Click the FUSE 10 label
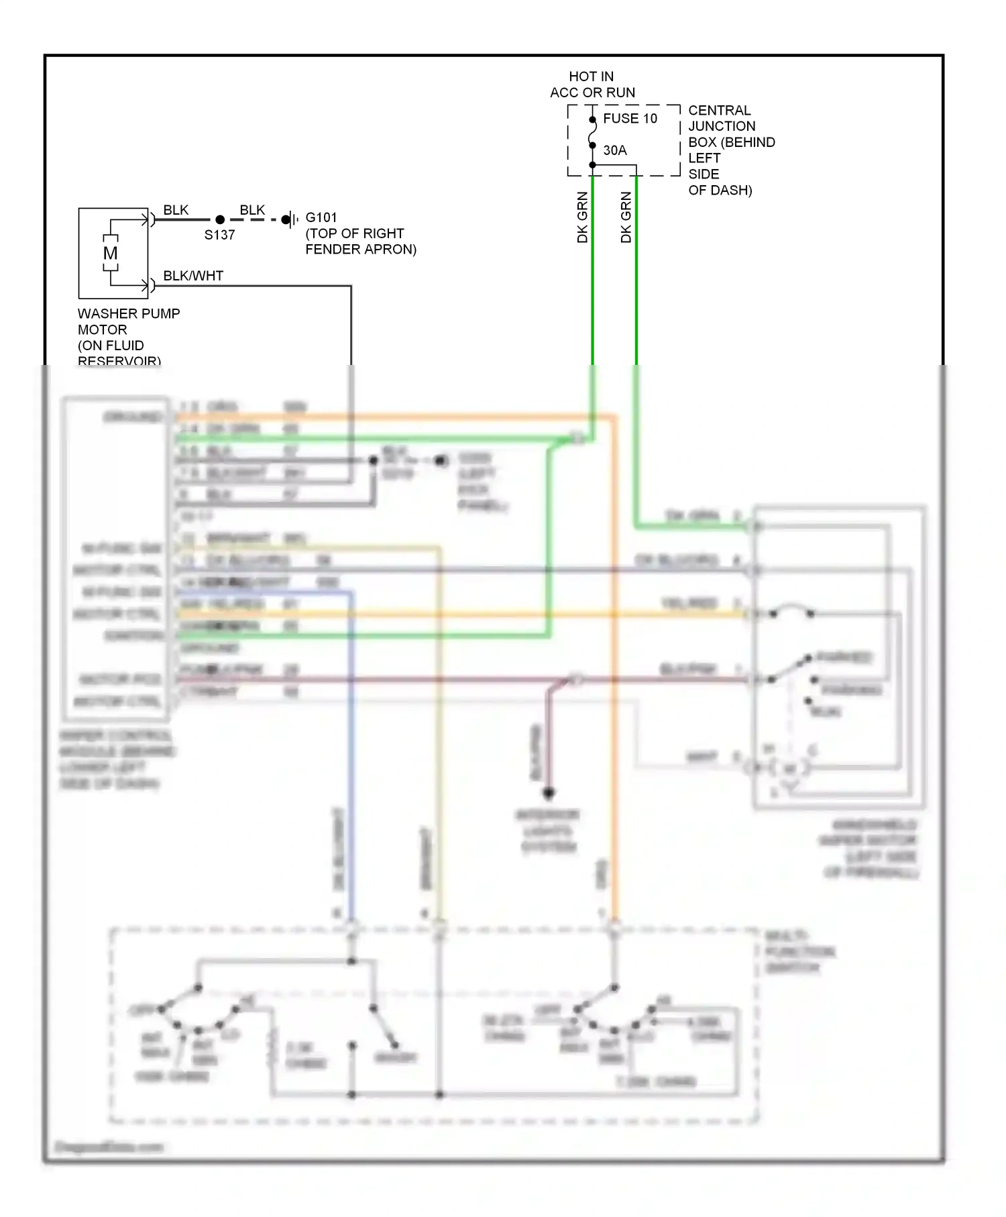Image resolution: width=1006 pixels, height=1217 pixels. pyautogui.click(x=630, y=119)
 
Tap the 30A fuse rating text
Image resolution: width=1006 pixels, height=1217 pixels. pyautogui.click(x=614, y=150)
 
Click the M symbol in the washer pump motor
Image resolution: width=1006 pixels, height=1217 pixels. pyautogui.click(x=111, y=254)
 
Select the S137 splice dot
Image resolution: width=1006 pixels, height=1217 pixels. pyautogui.click(x=220, y=219)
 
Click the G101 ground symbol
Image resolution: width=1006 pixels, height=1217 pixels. pyautogui.click(x=290, y=219)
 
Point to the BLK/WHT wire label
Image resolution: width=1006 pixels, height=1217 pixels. pyautogui.click(x=193, y=276)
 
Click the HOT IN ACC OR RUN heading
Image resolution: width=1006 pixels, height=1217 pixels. pyautogui.click(x=592, y=85)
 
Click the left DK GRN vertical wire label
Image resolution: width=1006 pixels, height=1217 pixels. pyautogui.click(x=582, y=217)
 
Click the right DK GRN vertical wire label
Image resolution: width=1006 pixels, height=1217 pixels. pyautogui.click(x=626, y=217)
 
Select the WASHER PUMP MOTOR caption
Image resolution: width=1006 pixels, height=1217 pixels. pyautogui.click(x=127, y=337)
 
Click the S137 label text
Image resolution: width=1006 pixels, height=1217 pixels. pyautogui.click(x=219, y=235)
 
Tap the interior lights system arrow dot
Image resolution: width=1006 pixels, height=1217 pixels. pyautogui.click(x=549, y=792)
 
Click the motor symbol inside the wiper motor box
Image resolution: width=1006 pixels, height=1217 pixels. pyautogui.click(x=790, y=768)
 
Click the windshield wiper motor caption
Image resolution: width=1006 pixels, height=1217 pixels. pyautogui.click(x=869, y=848)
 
